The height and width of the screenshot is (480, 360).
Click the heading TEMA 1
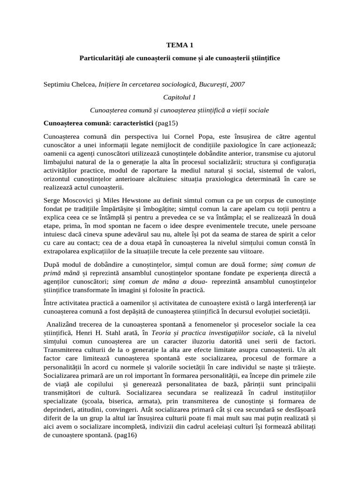click(180, 45)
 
